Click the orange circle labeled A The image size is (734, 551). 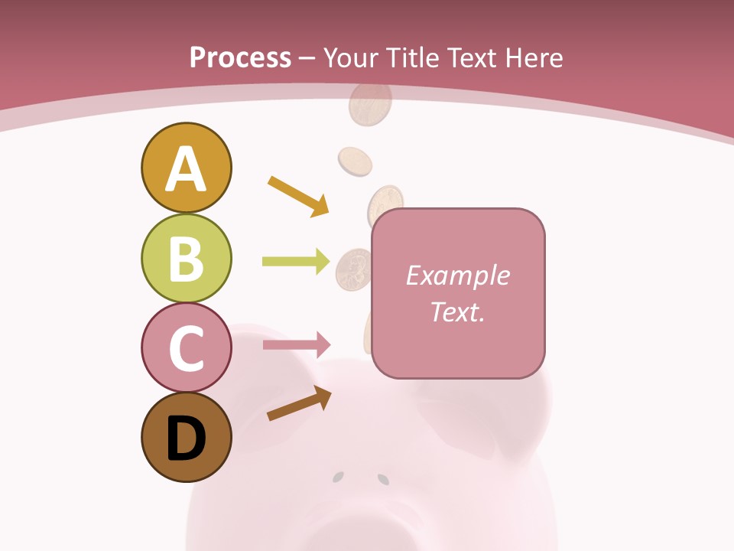pos(186,168)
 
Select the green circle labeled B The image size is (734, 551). pos(186,258)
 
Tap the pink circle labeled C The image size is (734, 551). pos(186,347)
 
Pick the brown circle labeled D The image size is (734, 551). pos(186,438)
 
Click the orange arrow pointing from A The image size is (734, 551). pos(298,196)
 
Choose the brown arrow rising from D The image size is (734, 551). pos(299,404)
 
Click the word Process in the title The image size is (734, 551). pos(240,57)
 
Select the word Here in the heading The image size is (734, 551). pos(534,57)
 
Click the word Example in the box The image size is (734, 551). pos(457,275)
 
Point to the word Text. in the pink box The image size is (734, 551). pos(457,311)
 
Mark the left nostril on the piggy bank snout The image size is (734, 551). pos(337,478)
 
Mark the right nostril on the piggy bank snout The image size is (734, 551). pos(383,479)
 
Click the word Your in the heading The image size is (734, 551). pos(352,57)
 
